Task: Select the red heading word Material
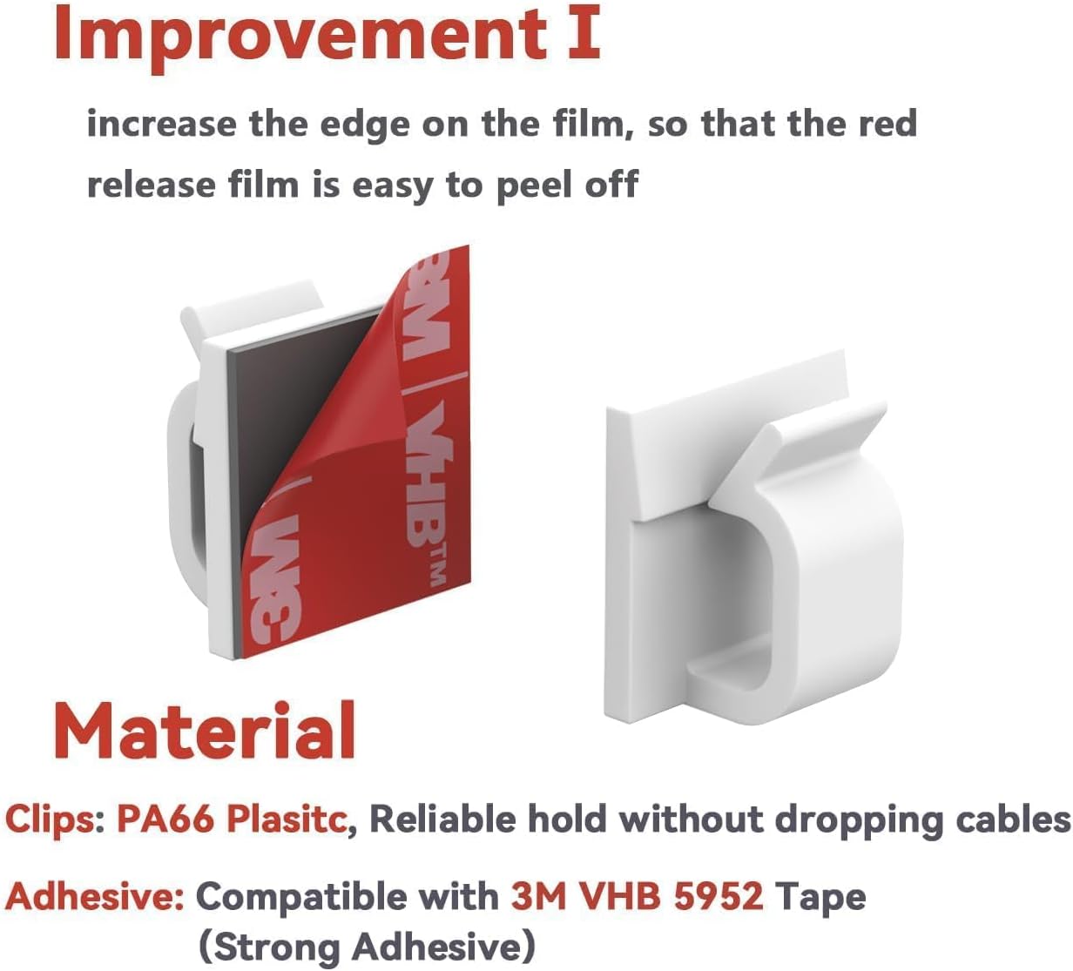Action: coord(205,730)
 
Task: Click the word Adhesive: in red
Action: coord(95,896)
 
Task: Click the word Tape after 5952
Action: coord(820,896)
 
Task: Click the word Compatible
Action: coord(347,896)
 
